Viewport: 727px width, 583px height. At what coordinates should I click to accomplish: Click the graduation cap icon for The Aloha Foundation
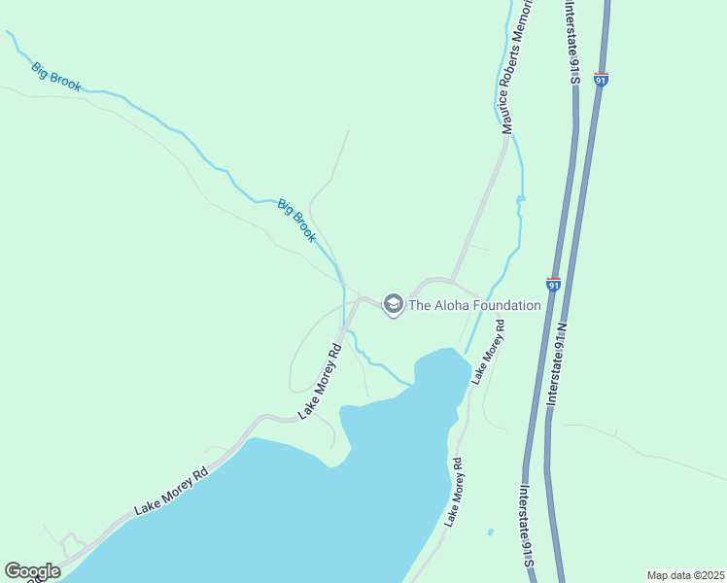(x=394, y=305)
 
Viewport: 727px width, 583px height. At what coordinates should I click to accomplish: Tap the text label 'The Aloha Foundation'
(x=474, y=305)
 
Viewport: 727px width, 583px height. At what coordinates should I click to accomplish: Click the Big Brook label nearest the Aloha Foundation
(x=297, y=221)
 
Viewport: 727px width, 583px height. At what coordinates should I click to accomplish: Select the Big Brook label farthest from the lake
(x=55, y=77)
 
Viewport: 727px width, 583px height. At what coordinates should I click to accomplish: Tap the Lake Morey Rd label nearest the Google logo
(x=171, y=493)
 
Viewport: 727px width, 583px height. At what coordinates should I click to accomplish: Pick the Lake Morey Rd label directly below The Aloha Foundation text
(x=488, y=352)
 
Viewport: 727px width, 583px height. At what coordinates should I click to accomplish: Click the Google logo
(x=32, y=571)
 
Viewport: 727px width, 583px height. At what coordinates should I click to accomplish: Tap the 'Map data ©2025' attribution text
(x=685, y=575)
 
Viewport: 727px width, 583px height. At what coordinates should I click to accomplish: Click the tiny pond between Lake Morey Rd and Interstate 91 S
(x=490, y=532)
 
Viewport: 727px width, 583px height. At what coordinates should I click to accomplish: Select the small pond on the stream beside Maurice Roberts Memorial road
(x=520, y=199)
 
